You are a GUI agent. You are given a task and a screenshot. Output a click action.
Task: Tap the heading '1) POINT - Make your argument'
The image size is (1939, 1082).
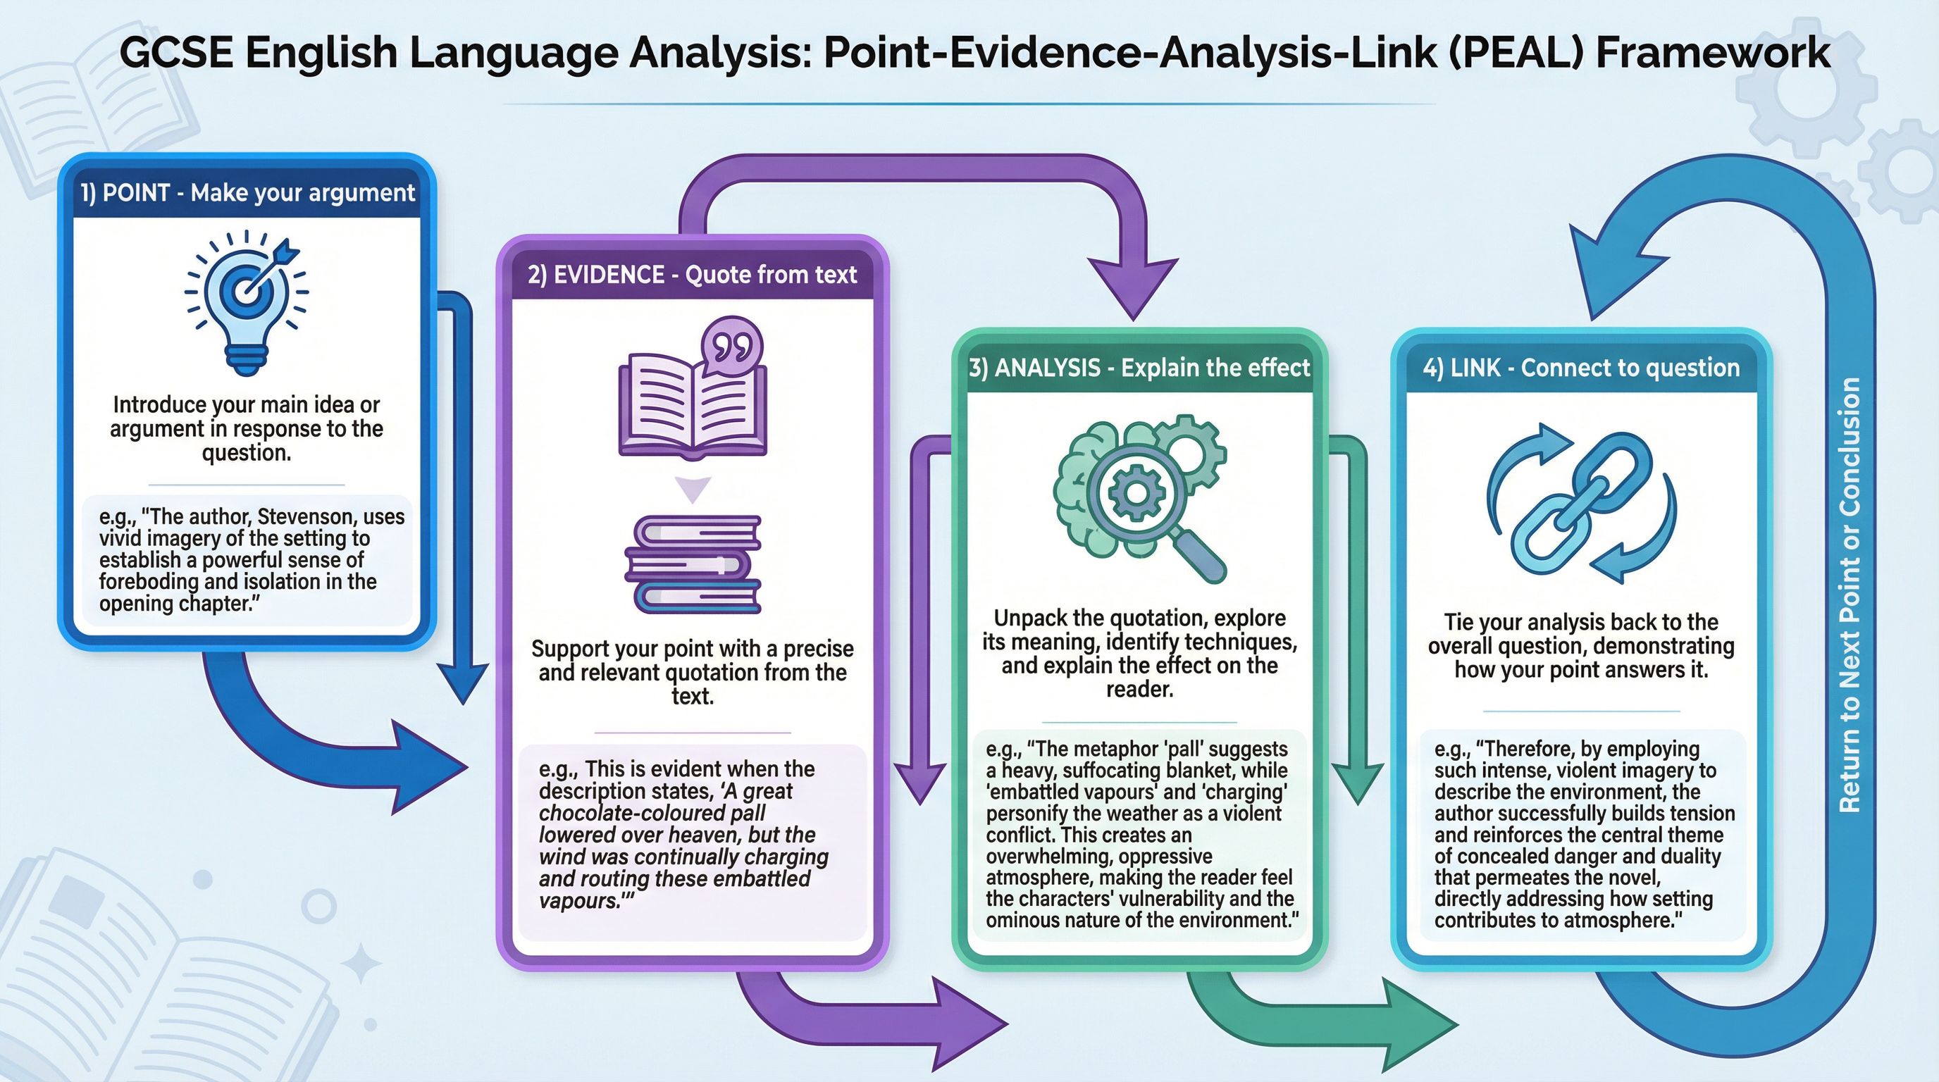pos(247,194)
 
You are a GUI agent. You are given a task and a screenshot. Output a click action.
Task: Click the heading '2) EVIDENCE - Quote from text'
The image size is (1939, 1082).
pos(692,275)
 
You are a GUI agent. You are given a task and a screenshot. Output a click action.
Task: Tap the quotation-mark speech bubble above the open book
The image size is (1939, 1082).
pos(731,347)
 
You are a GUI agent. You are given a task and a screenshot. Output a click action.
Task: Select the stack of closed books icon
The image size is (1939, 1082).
pos(693,564)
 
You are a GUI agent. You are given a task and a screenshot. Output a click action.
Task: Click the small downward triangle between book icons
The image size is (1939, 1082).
pos(693,488)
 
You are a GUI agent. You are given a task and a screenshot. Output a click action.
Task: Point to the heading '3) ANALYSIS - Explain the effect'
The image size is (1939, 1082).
pos(1139,368)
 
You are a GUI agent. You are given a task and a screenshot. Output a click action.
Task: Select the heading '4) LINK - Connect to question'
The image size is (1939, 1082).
pos(1580,368)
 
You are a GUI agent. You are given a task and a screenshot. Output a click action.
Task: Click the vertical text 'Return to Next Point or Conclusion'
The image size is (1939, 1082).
pos(1850,595)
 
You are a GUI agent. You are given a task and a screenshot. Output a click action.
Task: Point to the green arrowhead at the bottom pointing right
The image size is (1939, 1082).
pos(1419,1025)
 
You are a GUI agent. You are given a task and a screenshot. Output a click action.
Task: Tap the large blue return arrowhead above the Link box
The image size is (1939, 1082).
pos(1611,271)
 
